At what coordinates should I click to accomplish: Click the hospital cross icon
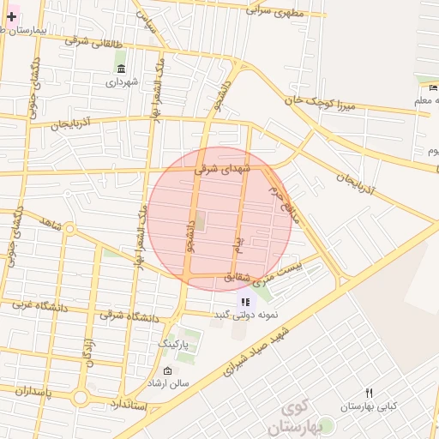point(11,16)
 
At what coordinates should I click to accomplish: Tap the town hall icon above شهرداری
point(121,69)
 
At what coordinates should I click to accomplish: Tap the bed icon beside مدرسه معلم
point(430,87)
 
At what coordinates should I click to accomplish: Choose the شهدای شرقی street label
point(221,169)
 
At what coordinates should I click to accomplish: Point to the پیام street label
point(238,243)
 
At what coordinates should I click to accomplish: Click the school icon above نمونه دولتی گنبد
point(246,302)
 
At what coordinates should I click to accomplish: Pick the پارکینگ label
point(178,342)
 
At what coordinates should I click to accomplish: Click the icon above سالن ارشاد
point(166,371)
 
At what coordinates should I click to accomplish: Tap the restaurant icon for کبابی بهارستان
point(369,393)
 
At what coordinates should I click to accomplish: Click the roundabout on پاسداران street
point(80,397)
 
